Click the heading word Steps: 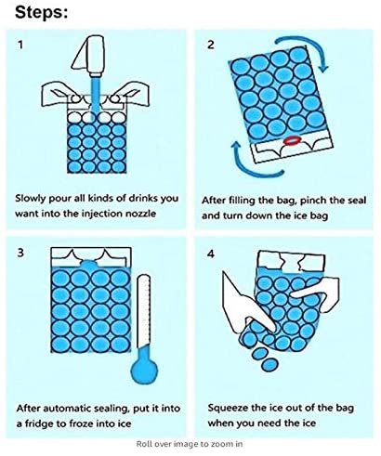(x=41, y=12)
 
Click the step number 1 (x=20, y=46)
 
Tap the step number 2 (x=211, y=45)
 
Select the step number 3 (x=20, y=253)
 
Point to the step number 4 (x=211, y=254)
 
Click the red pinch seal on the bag (x=293, y=141)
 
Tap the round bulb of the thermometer (x=144, y=370)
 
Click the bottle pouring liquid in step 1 (x=89, y=55)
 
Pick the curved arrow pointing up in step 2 (x=254, y=165)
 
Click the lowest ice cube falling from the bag (x=269, y=365)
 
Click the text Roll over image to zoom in (x=190, y=444)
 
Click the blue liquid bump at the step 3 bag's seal (x=89, y=264)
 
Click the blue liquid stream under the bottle (x=96, y=95)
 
